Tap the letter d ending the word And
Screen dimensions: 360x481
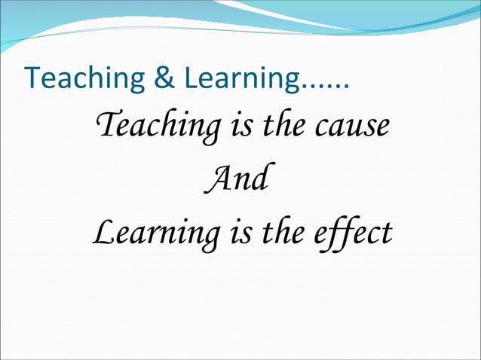tap(259, 179)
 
